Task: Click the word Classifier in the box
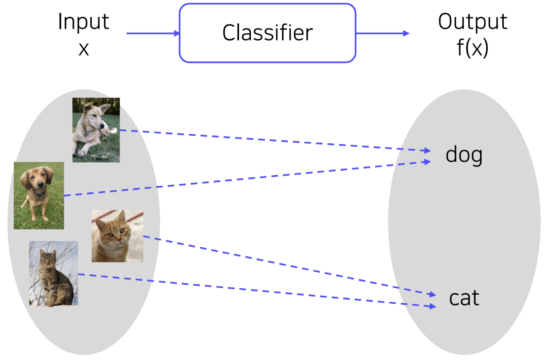tap(267, 33)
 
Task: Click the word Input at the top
tap(84, 22)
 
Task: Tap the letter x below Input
tap(84, 49)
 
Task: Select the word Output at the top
tap(473, 22)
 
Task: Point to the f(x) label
tap(473, 48)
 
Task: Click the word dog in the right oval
tap(464, 155)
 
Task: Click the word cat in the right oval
tap(464, 298)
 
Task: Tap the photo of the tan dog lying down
tap(96, 130)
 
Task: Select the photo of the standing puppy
tap(39, 196)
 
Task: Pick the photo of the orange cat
tap(117, 236)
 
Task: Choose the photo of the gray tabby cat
tap(53, 273)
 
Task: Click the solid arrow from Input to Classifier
tap(153, 33)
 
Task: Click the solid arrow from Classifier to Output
tap(382, 33)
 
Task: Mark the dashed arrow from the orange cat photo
tap(288, 265)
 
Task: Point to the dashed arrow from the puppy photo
tap(246, 179)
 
